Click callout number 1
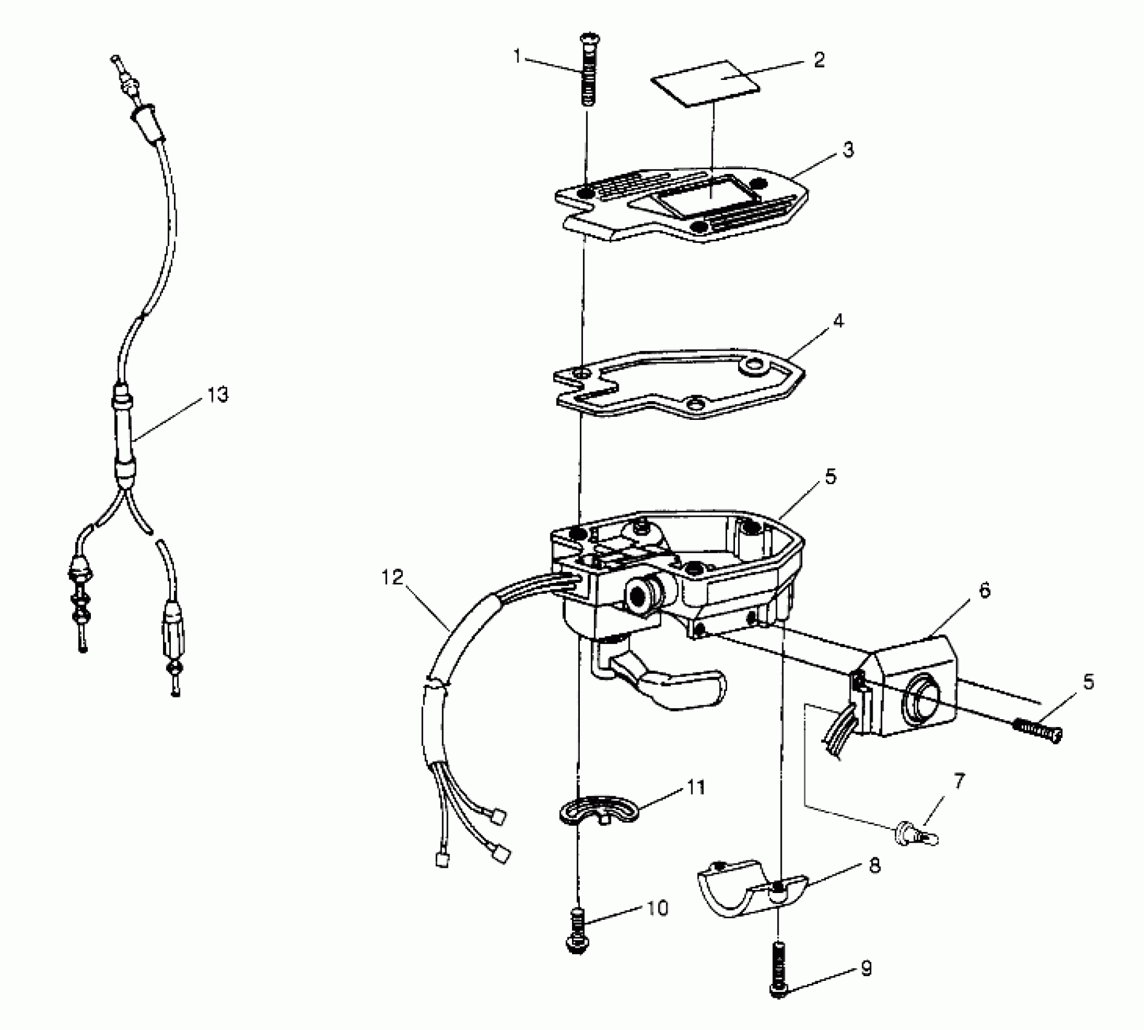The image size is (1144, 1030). point(517,56)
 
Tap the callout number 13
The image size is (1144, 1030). point(218,395)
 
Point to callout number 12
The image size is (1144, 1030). point(393,577)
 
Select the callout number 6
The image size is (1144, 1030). point(985,591)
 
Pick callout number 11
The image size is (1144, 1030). point(697,788)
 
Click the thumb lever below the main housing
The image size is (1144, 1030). point(667,685)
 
